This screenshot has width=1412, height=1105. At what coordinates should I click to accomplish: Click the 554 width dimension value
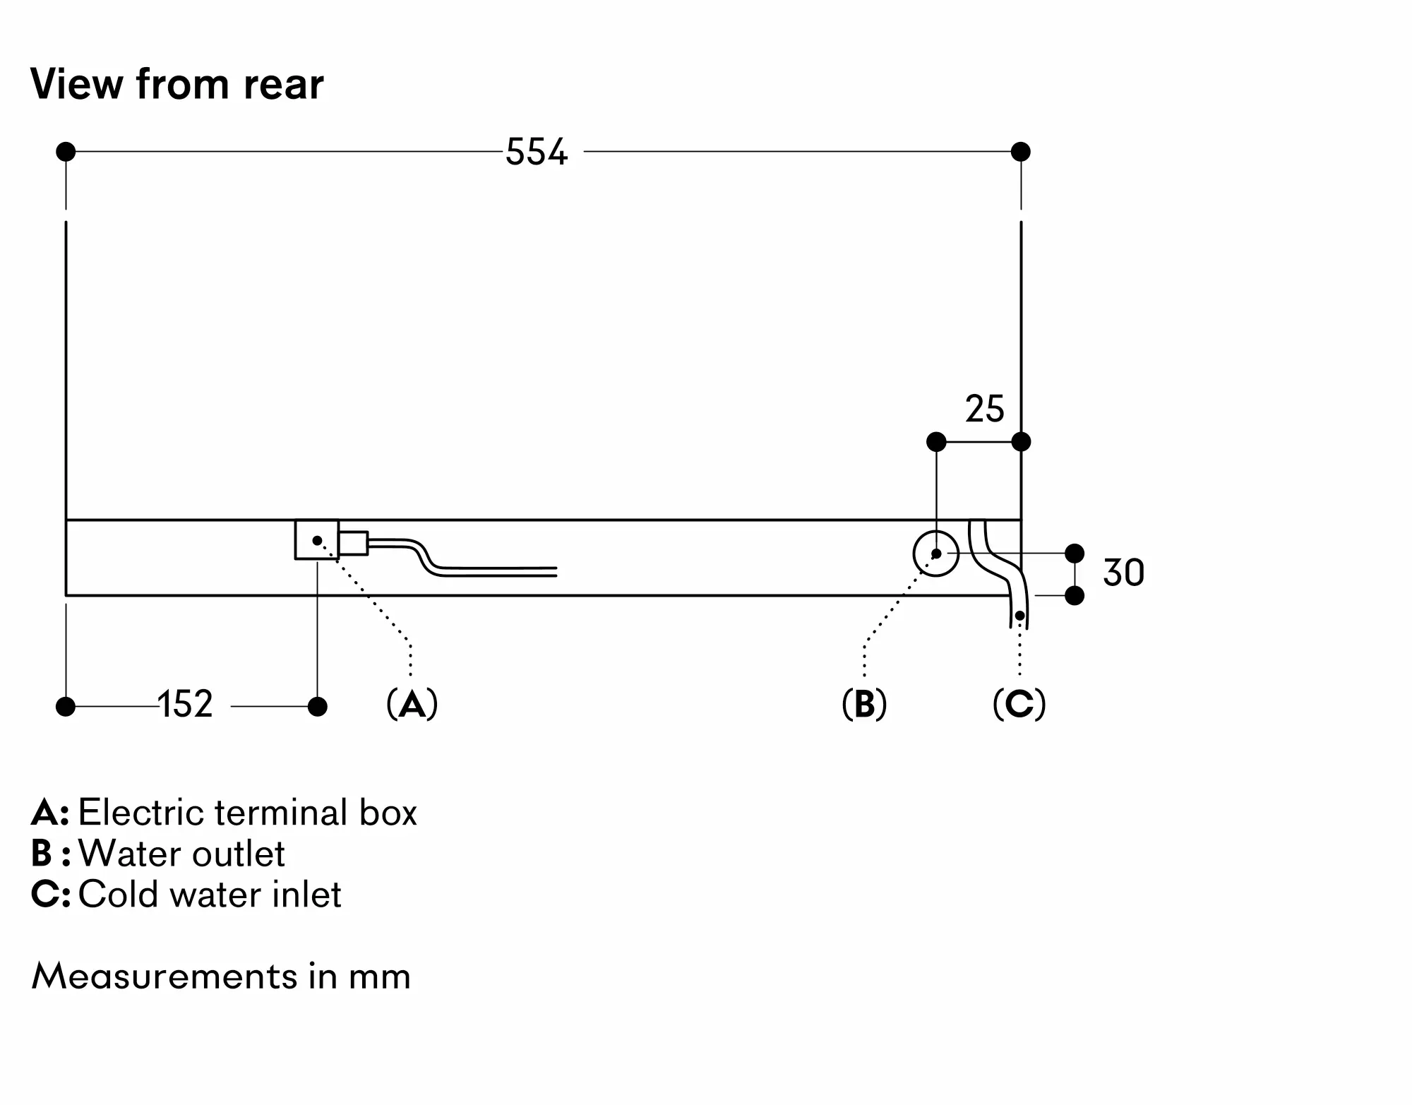(537, 152)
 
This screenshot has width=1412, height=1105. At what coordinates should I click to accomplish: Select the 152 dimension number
(185, 704)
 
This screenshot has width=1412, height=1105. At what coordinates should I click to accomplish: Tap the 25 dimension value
(984, 409)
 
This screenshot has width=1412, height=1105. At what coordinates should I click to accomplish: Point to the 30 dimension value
(1123, 573)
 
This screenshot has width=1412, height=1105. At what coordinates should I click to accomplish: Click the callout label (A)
(412, 704)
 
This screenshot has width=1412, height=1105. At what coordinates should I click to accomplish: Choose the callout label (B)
(864, 704)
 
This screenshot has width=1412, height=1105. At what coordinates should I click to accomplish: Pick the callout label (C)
(1019, 704)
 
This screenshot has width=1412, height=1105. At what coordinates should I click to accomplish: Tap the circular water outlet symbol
(936, 554)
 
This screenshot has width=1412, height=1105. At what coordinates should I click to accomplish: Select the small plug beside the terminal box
(353, 543)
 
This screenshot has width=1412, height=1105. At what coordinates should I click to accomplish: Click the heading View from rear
(176, 84)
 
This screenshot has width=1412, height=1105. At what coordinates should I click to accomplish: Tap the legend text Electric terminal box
(247, 813)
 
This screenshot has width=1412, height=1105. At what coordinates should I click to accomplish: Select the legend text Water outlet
(181, 854)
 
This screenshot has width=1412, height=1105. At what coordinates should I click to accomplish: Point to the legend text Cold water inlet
(210, 895)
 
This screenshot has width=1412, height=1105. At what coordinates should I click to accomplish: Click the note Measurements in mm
(221, 976)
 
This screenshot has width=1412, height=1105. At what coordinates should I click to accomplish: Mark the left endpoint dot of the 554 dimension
(66, 152)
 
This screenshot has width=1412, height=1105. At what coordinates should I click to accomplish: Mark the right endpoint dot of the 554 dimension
(1020, 152)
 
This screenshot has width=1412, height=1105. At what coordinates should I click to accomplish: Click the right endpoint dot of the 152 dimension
(318, 706)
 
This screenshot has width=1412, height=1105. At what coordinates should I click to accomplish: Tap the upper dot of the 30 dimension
(1074, 554)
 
